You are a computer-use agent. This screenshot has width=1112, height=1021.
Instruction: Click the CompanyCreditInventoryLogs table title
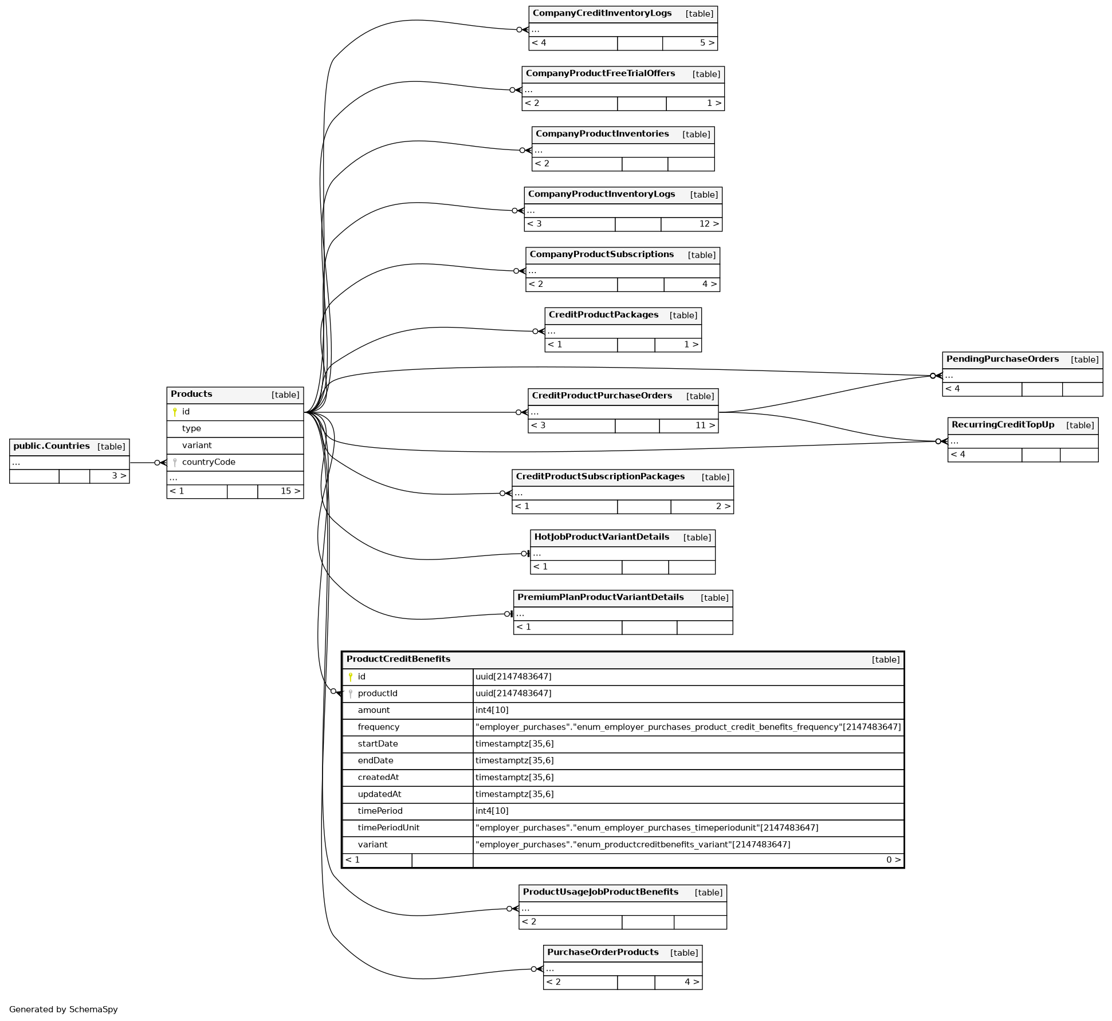point(602,13)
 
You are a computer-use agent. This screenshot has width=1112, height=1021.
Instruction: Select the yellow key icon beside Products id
point(175,412)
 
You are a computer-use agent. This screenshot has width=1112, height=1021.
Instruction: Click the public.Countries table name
point(52,446)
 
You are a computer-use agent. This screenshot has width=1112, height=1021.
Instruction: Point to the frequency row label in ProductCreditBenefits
point(378,727)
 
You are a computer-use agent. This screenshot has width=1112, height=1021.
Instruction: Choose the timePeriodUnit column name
point(388,827)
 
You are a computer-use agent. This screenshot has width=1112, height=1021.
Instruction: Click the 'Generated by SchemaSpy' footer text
point(64,1009)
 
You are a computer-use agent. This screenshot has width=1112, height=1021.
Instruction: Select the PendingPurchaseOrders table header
point(1002,359)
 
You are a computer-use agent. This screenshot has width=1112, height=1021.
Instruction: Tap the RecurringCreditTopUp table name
point(1003,424)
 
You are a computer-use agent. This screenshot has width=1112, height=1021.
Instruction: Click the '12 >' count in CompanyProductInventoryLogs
point(708,224)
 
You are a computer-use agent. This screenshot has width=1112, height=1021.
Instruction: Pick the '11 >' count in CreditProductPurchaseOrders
point(705,425)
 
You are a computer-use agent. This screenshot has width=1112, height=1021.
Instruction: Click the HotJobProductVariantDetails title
point(602,537)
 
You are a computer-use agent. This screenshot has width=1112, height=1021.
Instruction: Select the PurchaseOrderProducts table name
point(603,952)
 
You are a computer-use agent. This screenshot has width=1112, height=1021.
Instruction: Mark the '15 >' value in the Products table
point(290,491)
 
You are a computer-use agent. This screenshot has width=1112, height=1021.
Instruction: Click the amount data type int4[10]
point(492,710)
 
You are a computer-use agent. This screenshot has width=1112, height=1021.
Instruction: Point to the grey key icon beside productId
point(351,693)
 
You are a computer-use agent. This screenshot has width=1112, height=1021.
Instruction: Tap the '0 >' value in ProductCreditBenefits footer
point(893,860)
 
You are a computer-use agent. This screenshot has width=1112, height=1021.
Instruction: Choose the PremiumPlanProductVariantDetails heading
point(600,597)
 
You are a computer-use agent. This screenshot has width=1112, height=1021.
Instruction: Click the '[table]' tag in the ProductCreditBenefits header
point(885,660)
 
